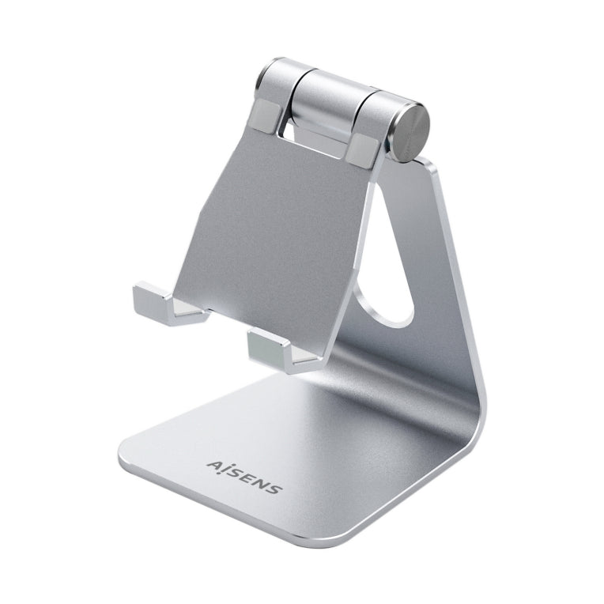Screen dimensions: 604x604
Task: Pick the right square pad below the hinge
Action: (x=367, y=149)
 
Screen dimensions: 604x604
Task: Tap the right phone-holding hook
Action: (x=277, y=349)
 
